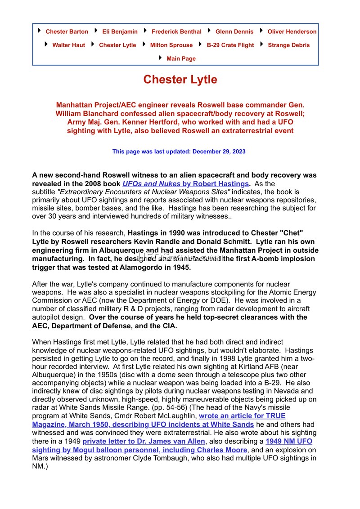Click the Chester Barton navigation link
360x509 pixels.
[x=67, y=31]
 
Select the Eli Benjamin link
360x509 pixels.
[x=120, y=31]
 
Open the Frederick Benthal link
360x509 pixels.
[x=176, y=31]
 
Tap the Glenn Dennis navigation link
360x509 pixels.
[x=234, y=31]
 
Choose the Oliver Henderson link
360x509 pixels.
[x=292, y=31]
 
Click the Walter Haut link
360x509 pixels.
[x=68, y=45]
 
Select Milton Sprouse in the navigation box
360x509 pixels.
[x=171, y=45]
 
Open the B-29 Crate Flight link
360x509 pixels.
[x=230, y=45]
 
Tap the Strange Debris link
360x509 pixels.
[x=288, y=45]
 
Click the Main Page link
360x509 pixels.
[x=181, y=58]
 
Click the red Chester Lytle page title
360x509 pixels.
[x=180, y=80]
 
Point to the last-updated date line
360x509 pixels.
[x=179, y=152]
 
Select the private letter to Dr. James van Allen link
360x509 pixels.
[x=144, y=442]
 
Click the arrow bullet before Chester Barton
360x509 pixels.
[x=40, y=31]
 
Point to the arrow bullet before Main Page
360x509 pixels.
[x=161, y=58]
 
